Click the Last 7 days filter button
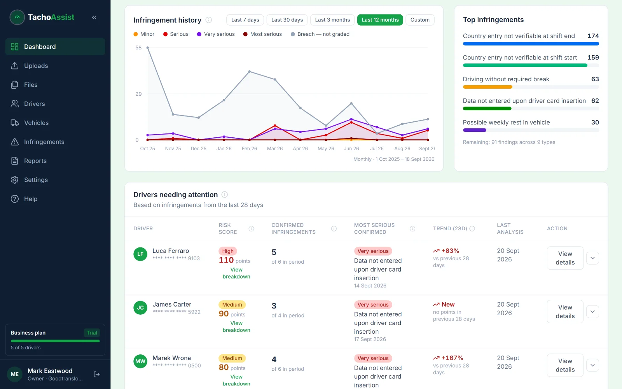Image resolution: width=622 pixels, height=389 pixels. pyautogui.click(x=245, y=20)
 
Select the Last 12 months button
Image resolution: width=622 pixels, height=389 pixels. pyautogui.click(x=380, y=20)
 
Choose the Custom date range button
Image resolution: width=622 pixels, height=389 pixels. pyautogui.click(x=420, y=20)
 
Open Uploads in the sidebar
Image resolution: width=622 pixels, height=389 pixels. pyautogui.click(x=36, y=66)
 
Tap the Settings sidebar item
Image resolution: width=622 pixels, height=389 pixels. pyautogui.click(x=36, y=180)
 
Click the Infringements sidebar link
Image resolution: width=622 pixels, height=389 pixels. pyautogui.click(x=44, y=142)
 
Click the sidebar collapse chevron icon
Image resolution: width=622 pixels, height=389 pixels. pyautogui.click(x=94, y=17)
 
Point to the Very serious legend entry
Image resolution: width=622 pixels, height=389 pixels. pyautogui.click(x=216, y=34)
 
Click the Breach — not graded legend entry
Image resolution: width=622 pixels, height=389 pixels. pyautogui.click(x=320, y=34)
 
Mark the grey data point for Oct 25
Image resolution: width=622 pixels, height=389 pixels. pyautogui.click(x=147, y=48)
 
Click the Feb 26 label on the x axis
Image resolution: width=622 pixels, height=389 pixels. pyautogui.click(x=249, y=148)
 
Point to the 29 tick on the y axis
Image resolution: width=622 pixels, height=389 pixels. pyautogui.click(x=138, y=94)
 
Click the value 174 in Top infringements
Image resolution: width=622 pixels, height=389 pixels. pyautogui.click(x=593, y=36)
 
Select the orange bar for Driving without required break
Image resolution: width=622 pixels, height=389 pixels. pyautogui.click(x=487, y=87)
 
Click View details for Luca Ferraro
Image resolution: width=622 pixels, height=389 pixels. pyautogui.click(x=565, y=258)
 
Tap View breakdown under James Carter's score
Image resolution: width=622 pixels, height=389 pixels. pyautogui.click(x=236, y=326)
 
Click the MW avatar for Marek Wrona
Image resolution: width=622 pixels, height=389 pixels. pyautogui.click(x=140, y=361)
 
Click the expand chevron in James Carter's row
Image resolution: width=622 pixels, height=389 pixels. pyautogui.click(x=592, y=312)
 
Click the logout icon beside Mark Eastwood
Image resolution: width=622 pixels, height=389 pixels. pyautogui.click(x=97, y=374)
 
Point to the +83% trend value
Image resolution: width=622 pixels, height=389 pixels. pyautogui.click(x=450, y=251)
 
